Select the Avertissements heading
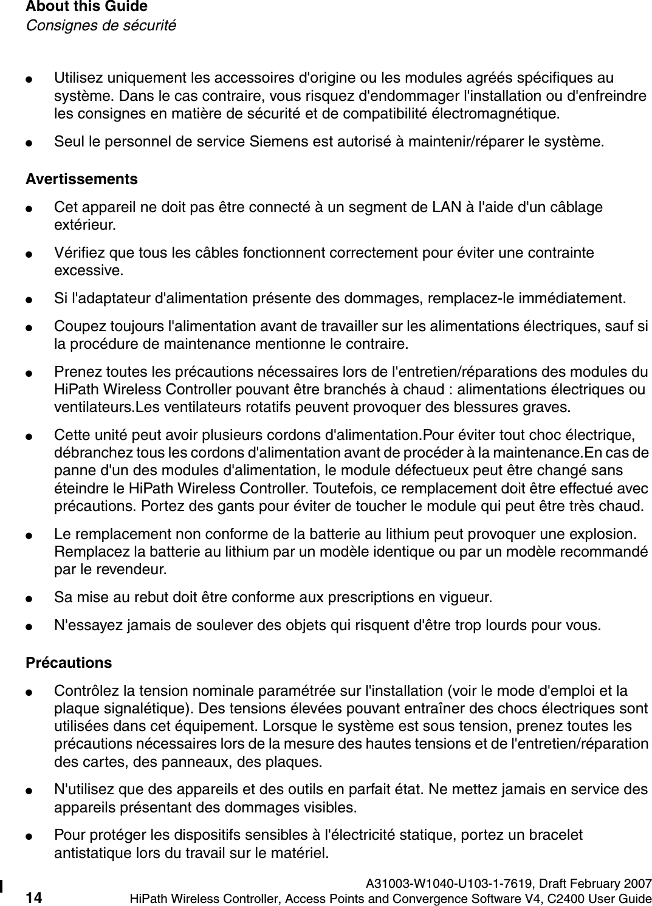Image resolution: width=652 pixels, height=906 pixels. (81, 180)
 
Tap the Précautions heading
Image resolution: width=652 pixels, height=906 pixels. (69, 662)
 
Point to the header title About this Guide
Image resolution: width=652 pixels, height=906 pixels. (86, 7)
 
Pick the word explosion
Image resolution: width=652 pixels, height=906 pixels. (605, 534)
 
